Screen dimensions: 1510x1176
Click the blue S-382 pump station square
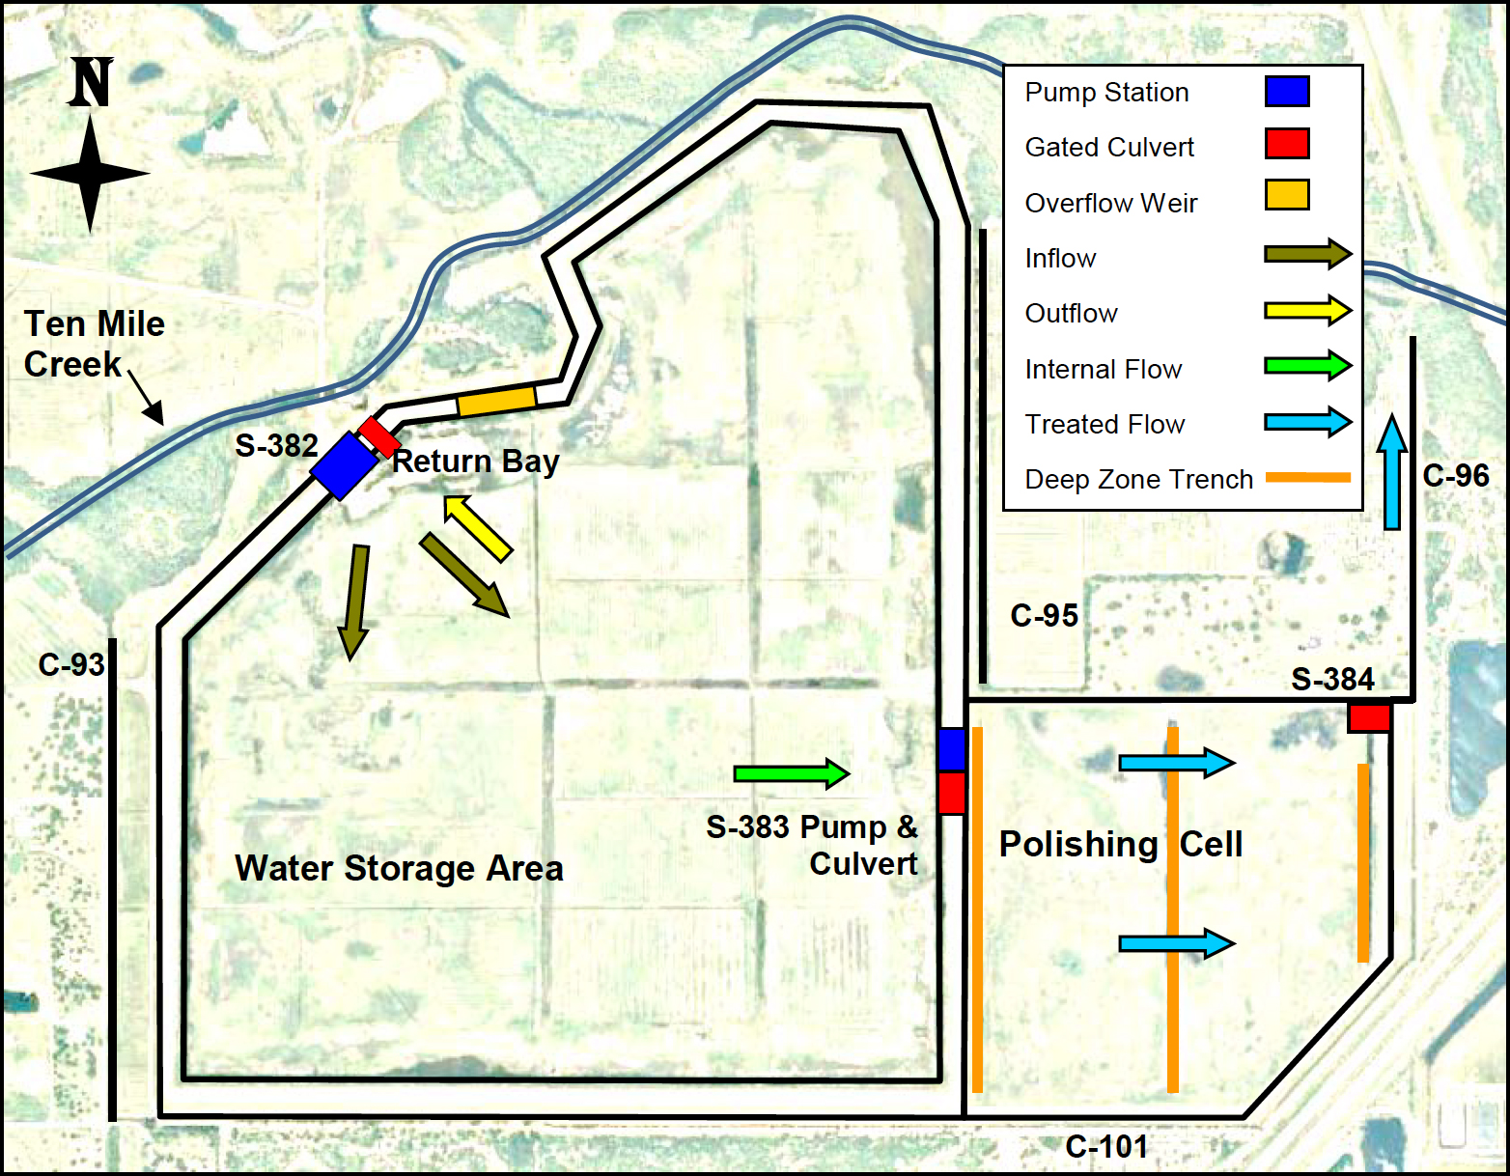click(x=344, y=466)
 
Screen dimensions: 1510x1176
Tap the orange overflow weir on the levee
click(x=496, y=400)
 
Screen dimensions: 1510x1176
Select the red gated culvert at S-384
click(x=1369, y=717)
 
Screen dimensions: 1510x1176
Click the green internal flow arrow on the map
click(x=791, y=772)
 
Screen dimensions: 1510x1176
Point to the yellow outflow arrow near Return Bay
click(x=478, y=528)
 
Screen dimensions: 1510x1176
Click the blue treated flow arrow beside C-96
click(x=1391, y=472)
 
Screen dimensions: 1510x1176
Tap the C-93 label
click(x=71, y=664)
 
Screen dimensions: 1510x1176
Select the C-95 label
click(x=1044, y=615)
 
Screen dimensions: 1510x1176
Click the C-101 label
click(x=1106, y=1146)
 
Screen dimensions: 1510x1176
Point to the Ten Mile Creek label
click(x=94, y=344)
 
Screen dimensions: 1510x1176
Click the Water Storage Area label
click(x=399, y=868)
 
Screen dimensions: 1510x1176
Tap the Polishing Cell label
click(x=1120, y=844)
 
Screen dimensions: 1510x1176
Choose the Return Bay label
click(x=476, y=462)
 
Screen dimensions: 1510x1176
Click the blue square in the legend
click(x=1287, y=92)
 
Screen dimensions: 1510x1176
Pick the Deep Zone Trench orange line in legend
click(x=1307, y=477)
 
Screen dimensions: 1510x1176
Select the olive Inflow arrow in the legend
click(x=1307, y=255)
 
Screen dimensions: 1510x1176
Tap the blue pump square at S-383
click(x=952, y=749)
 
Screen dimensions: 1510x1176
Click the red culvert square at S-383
click(x=952, y=793)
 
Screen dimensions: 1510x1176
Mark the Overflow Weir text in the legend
click(x=1110, y=203)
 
